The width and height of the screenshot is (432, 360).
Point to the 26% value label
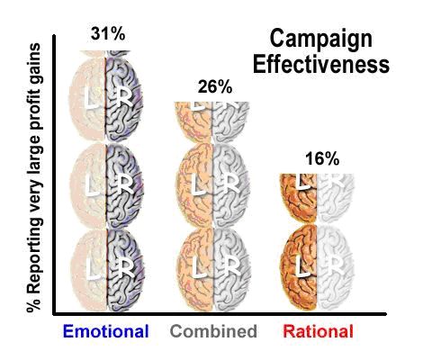click(215, 87)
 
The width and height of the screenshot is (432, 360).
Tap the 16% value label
click(321, 158)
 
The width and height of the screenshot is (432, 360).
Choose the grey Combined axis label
click(215, 332)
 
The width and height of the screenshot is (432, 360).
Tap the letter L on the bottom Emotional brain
click(89, 267)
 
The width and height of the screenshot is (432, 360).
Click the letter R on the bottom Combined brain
click(230, 267)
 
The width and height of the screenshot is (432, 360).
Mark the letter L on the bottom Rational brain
click(301, 267)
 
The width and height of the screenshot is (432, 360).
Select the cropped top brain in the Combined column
click(213, 118)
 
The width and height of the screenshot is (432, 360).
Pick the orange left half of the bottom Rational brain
click(300, 269)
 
